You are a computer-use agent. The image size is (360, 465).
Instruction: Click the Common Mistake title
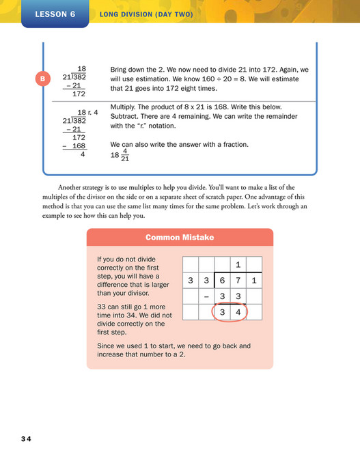180,237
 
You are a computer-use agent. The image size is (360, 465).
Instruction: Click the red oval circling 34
230,312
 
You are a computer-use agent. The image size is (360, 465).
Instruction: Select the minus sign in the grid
206,296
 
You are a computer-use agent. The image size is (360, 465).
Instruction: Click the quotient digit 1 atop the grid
238,264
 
